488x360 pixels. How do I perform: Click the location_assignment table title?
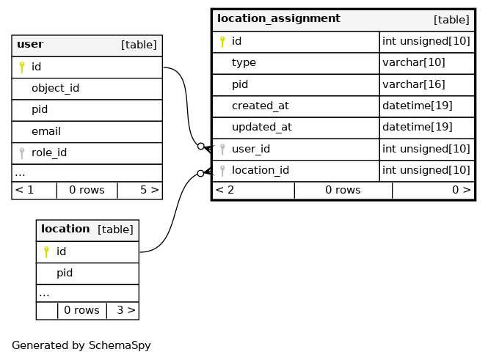[x=279, y=18]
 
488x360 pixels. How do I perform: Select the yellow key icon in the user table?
[x=22, y=67]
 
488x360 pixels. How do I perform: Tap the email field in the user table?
[x=46, y=131]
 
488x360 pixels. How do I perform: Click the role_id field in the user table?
[x=49, y=153]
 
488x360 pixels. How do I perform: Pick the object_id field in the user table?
[x=55, y=88]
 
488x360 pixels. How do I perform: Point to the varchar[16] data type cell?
[x=414, y=84]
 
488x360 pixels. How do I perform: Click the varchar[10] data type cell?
[x=414, y=63]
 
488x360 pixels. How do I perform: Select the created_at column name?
[x=261, y=106]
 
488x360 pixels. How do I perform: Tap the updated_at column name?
[x=262, y=128]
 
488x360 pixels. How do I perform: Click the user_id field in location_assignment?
[x=251, y=150]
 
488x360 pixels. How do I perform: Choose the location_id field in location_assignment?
[x=261, y=171]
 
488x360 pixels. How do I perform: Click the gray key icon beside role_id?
[x=22, y=153]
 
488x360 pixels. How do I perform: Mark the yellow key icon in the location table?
[x=46, y=251]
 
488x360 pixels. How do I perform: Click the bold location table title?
[x=65, y=229]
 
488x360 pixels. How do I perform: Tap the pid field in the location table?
[x=65, y=273]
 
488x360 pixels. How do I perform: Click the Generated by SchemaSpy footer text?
[x=81, y=345]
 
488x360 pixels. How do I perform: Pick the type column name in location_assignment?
[x=244, y=63]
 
